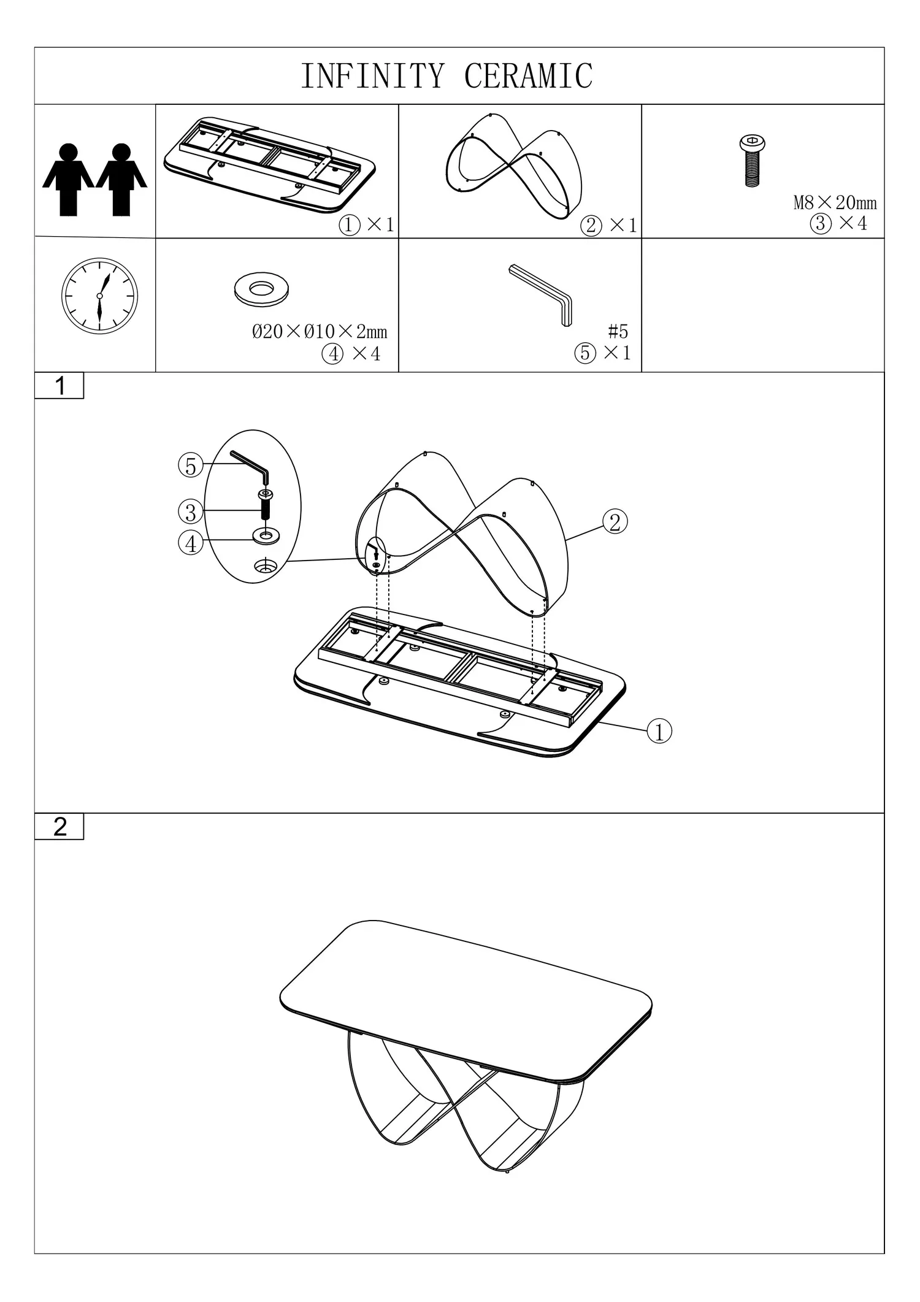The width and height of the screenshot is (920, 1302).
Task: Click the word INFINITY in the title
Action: pos(372,76)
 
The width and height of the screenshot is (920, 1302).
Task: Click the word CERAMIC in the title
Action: pos(529,76)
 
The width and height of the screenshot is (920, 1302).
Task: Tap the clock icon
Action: pos(99,296)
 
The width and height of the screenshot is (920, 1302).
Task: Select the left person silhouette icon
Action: pos(68,180)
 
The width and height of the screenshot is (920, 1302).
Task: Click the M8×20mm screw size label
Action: pos(835,202)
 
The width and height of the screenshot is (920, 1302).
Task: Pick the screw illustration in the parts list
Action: pos(752,161)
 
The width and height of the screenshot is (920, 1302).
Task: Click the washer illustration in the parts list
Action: pos(261,289)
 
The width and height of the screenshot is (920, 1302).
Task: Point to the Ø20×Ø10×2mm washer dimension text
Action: pos(320,332)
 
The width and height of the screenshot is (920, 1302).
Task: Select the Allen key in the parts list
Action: pos(541,295)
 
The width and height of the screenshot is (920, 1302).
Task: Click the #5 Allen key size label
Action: pos(618,332)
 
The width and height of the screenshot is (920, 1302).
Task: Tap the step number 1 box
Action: pos(59,386)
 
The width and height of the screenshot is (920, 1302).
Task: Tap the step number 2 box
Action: pos(59,826)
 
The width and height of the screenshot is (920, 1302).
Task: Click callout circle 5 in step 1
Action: pos(191,466)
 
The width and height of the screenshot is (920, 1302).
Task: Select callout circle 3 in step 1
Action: pos(191,511)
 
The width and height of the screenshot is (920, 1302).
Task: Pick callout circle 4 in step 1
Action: pos(191,543)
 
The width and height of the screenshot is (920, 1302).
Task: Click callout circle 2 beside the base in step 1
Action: pos(615,522)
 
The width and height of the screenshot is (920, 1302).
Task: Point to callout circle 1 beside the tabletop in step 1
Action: pos(659,731)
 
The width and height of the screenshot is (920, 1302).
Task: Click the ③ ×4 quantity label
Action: pos(838,223)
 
